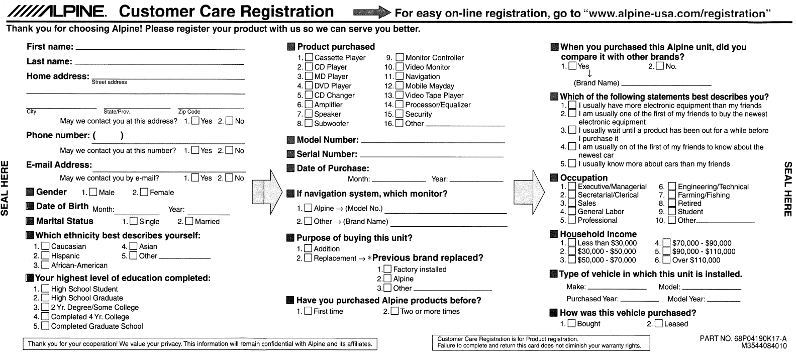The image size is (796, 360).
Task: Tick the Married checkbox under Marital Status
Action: (189, 221)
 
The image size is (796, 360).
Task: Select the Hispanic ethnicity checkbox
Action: (45, 256)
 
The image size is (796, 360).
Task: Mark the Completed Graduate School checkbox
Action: (45, 326)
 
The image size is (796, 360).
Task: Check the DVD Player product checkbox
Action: (309, 86)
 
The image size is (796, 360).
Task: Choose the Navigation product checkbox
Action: (400, 76)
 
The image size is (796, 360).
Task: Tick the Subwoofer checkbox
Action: (309, 124)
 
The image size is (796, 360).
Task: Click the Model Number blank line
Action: (432, 142)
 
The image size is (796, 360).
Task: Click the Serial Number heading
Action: (327, 154)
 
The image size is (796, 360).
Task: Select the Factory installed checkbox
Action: (387, 269)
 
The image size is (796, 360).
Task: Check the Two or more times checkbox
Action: (395, 311)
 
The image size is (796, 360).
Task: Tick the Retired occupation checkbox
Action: (672, 204)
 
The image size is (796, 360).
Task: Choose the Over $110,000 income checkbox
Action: (666, 260)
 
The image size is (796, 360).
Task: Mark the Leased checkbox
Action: (658, 324)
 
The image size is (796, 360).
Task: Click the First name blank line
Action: (160, 48)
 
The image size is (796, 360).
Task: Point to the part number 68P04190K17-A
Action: (743, 338)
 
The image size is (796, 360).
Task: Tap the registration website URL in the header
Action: (678, 14)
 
